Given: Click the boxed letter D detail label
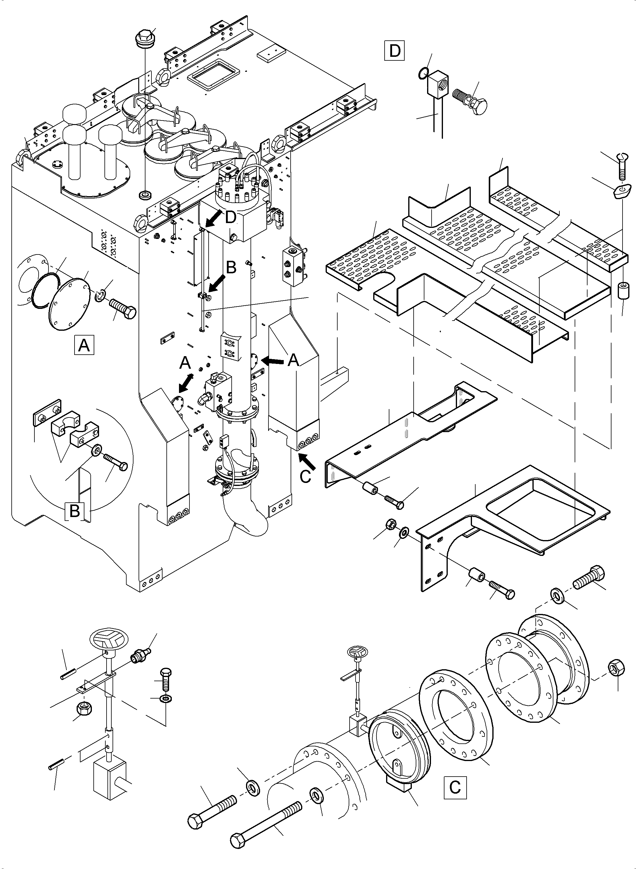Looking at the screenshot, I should pyautogui.click(x=394, y=51).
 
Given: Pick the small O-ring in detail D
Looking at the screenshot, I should pyautogui.click(x=422, y=73).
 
